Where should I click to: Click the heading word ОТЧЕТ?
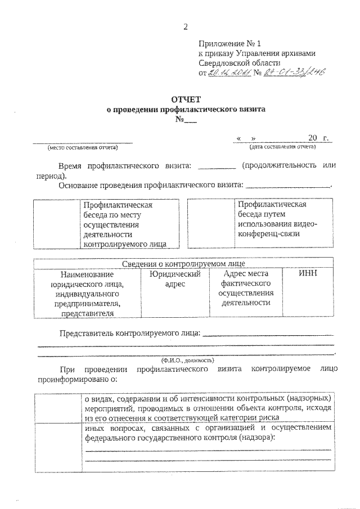click(186, 100)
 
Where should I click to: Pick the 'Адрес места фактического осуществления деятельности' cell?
click(246, 288)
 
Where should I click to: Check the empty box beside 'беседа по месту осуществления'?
click(57, 223)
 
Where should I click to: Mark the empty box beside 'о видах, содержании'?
click(57, 408)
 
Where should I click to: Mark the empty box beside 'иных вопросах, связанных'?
click(57, 447)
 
